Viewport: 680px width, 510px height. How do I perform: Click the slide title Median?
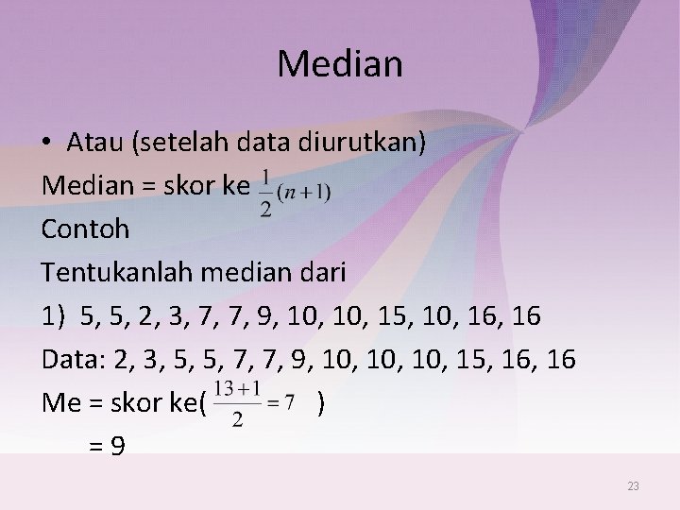tap(340, 65)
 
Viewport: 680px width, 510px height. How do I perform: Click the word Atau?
tap(96, 144)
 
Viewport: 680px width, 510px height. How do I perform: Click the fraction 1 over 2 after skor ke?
tap(266, 193)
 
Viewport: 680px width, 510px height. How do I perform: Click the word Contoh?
tap(85, 229)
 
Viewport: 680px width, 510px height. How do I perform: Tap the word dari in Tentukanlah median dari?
tap(324, 272)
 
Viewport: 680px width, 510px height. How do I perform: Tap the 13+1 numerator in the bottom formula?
tap(237, 388)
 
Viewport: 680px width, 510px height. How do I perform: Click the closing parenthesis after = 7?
tap(323, 404)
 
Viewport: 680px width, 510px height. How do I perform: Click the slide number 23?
tap(633, 486)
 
